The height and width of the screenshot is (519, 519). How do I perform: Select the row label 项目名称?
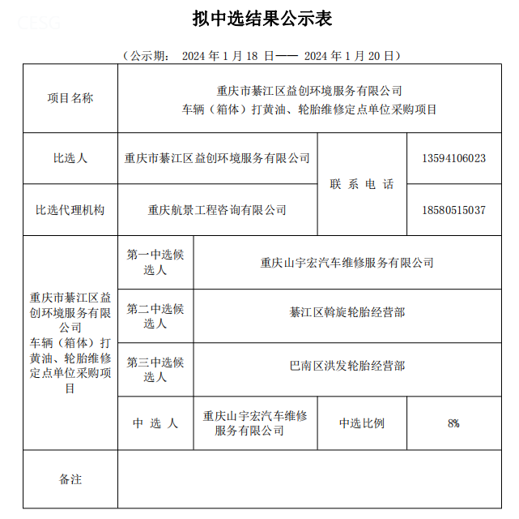coord(70,98)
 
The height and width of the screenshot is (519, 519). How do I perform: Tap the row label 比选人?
coord(70,158)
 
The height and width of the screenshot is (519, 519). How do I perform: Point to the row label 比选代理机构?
coord(70,209)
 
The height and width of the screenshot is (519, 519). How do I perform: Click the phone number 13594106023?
coord(453,158)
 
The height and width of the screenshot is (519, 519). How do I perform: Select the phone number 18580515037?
coord(453,209)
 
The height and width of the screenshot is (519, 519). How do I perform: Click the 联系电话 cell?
coord(361,184)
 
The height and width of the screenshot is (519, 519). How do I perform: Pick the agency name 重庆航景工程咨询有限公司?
coord(217,209)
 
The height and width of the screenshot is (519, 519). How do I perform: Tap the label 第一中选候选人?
coord(155,262)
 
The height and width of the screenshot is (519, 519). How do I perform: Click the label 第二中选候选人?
coord(155,315)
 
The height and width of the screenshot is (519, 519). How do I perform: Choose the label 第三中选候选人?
coord(155,369)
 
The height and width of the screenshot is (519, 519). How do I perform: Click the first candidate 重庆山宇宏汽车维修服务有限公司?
coord(347,262)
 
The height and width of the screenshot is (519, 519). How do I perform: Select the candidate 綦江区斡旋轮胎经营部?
coord(347,311)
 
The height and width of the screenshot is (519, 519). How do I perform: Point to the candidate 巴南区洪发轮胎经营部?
coord(347,366)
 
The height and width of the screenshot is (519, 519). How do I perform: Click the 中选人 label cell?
coord(155,422)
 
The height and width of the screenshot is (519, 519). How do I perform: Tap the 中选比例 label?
coord(361,422)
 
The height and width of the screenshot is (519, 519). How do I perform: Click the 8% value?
coord(453,422)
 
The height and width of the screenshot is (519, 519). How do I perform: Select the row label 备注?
coord(70,479)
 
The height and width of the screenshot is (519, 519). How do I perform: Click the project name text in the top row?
coord(309,100)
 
